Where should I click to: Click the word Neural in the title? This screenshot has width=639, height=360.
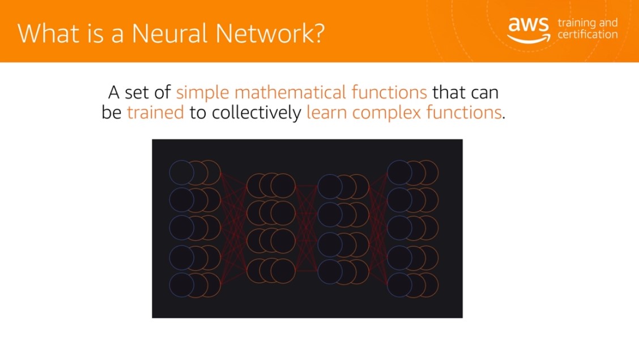click(x=169, y=33)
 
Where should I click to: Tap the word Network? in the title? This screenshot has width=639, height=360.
click(x=270, y=33)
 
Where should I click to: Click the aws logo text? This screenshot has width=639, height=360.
click(x=528, y=24)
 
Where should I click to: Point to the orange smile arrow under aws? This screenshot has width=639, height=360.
click(x=529, y=39)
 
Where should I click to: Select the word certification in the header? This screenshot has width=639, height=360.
click(x=587, y=34)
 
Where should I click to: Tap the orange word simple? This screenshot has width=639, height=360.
click(x=203, y=92)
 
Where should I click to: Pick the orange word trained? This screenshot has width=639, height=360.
click(x=155, y=112)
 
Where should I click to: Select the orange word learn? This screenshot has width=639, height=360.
click(x=327, y=112)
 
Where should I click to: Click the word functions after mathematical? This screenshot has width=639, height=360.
click(x=389, y=92)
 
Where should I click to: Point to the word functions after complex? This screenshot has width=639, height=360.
click(x=464, y=112)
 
